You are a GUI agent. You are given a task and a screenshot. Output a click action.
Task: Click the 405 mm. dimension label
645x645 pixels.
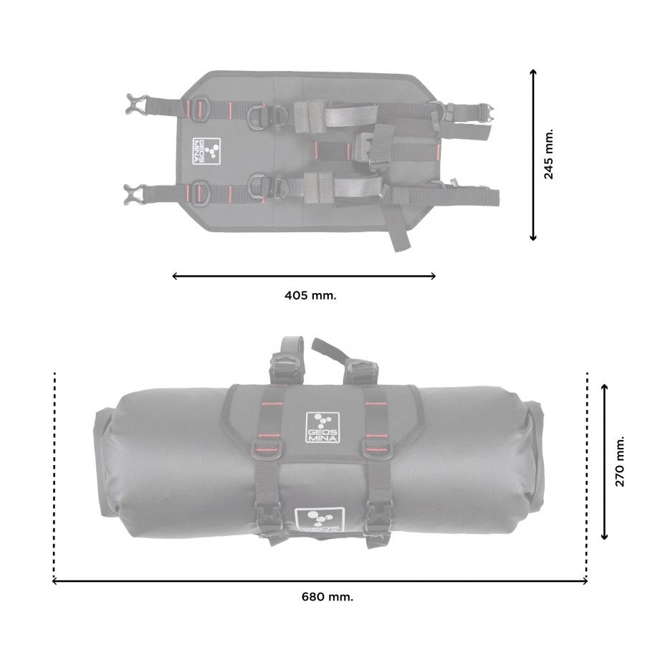click(x=310, y=295)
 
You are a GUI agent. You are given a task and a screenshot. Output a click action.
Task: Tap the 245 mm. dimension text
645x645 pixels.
click(x=548, y=154)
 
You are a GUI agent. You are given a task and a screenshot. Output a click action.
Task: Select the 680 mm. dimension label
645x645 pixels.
click(x=327, y=596)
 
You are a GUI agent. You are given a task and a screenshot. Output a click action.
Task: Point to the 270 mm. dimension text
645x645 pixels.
click(x=619, y=461)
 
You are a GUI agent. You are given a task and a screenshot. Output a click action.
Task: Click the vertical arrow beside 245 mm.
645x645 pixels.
click(x=533, y=155)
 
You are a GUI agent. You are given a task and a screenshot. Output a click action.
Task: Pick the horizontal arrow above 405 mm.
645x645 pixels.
click(x=304, y=276)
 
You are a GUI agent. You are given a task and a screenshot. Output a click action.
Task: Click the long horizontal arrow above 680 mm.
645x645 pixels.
click(x=320, y=580)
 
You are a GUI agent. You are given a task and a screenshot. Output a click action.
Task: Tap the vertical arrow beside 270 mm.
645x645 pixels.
click(x=604, y=461)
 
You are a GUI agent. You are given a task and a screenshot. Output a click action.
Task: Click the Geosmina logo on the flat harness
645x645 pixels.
click(x=206, y=151)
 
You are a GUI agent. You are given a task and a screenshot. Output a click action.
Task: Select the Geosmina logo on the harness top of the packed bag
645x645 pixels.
click(x=322, y=427)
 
